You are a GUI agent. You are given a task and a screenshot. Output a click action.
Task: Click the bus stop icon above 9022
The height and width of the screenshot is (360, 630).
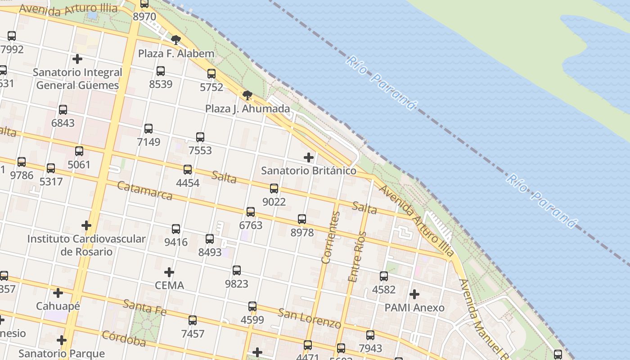pyautogui.click(x=274, y=189)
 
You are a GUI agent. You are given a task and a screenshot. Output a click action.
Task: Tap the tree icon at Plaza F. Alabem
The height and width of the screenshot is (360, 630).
pyautogui.click(x=176, y=40)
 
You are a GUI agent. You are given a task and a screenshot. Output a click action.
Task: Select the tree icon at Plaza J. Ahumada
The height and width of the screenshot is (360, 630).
pyautogui.click(x=247, y=95)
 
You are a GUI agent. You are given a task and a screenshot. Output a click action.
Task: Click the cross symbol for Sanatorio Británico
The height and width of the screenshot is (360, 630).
pyautogui.click(x=309, y=157)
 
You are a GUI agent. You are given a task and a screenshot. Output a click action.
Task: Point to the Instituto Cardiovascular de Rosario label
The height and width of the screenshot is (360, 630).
pyautogui.click(x=86, y=245)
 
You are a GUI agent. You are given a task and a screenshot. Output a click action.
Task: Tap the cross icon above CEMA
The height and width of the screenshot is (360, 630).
pyautogui.click(x=169, y=272)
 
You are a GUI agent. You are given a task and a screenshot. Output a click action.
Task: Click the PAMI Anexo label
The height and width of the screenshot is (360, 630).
pyautogui.click(x=414, y=308)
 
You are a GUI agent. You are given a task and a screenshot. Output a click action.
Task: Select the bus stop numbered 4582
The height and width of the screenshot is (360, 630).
pyautogui.click(x=384, y=276)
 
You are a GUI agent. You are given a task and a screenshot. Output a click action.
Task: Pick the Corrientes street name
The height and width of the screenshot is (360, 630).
pyautogui.click(x=331, y=237)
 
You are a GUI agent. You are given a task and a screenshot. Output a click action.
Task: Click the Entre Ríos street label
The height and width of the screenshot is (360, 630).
pyautogui.click(x=357, y=257)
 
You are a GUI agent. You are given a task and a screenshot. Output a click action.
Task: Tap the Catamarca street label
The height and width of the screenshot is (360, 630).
pyautogui.click(x=145, y=190)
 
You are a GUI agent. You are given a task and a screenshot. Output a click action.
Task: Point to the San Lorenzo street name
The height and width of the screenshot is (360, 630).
pyautogui.click(x=309, y=318)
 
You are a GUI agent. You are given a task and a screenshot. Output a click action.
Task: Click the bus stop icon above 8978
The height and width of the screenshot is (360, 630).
pyautogui.click(x=302, y=219)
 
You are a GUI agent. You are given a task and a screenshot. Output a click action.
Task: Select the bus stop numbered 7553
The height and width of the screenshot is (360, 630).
pyautogui.click(x=200, y=137)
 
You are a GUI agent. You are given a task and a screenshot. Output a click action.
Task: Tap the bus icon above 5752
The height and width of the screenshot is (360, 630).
pyautogui.click(x=211, y=74)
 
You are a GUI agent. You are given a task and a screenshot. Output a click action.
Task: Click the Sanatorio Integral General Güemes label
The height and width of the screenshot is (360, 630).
pyautogui.click(x=77, y=79)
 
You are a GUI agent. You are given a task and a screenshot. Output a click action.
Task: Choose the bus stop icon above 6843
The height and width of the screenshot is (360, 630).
pyautogui.click(x=63, y=109)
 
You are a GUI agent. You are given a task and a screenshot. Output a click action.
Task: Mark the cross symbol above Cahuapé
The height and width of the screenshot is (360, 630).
pyautogui.click(x=58, y=293)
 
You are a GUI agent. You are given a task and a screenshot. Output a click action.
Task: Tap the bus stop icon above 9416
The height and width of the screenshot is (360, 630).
pyautogui.click(x=176, y=229)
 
